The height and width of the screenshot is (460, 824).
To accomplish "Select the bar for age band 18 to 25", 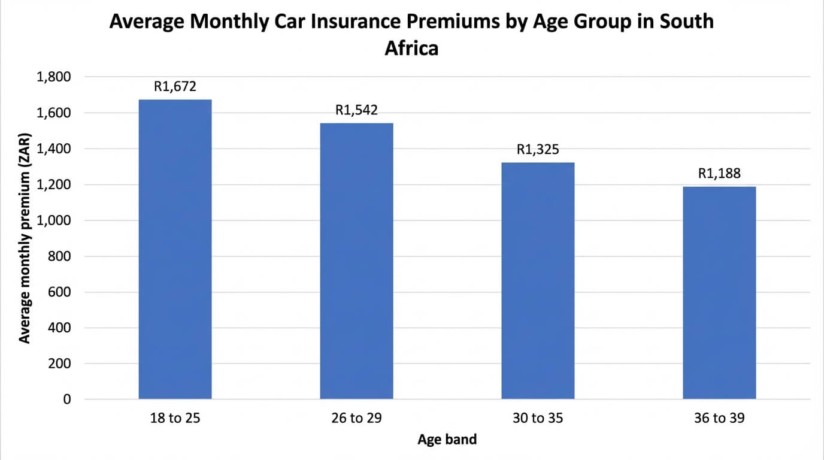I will click(x=175, y=249).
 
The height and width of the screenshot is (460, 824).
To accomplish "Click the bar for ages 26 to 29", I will click(x=356, y=261).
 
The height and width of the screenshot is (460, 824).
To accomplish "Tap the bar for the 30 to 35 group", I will click(x=538, y=280).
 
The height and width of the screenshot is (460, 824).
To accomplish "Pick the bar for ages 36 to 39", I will click(x=719, y=293).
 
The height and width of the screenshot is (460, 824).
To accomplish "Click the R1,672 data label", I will click(x=175, y=87).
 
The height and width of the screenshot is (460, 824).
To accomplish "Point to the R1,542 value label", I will click(x=356, y=110).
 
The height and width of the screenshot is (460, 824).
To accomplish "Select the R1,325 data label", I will click(x=538, y=150).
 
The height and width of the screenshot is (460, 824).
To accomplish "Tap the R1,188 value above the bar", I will click(x=719, y=174).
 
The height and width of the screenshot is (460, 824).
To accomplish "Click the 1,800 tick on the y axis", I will click(x=54, y=77).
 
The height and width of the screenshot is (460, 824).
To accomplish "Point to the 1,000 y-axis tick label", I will click(x=54, y=220).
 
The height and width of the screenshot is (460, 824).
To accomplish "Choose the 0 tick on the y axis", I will click(x=66, y=400).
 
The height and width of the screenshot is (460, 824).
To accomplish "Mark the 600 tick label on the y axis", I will click(x=59, y=292).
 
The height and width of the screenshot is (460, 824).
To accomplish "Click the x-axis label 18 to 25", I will click(x=175, y=418).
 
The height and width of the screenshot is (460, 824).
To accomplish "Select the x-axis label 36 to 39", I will click(x=719, y=418).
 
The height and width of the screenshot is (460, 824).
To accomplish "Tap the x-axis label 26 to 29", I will click(x=356, y=418).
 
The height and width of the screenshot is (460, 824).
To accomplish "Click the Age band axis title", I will click(x=447, y=440).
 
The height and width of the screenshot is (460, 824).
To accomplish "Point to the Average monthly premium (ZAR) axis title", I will click(x=25, y=238).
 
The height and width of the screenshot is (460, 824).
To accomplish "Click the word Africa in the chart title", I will click(x=411, y=47).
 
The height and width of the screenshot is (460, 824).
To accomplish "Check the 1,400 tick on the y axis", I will click(x=54, y=149).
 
